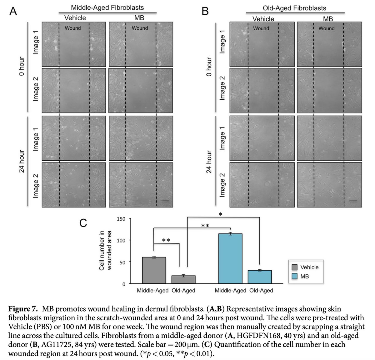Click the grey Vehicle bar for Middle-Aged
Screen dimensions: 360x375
click(154, 270)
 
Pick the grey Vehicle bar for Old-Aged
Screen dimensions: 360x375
click(183, 279)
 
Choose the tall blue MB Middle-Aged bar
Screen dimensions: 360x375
click(230, 258)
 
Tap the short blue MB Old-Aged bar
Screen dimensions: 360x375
click(260, 277)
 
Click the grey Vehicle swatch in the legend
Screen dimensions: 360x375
click(294, 267)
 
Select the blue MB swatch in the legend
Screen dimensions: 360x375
click(294, 276)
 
